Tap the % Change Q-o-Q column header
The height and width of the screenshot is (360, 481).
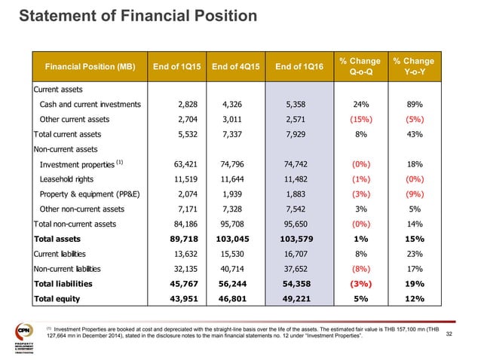[x=360, y=67]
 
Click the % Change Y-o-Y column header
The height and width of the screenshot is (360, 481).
[x=412, y=67]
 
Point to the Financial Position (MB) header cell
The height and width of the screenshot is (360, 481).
[x=84, y=67]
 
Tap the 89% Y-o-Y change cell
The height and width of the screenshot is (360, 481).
[x=412, y=105]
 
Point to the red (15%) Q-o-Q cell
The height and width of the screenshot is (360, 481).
[x=360, y=120]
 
